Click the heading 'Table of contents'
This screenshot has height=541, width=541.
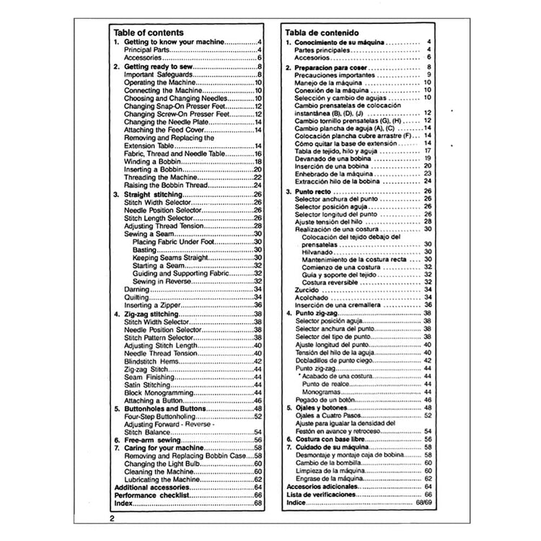[149, 32]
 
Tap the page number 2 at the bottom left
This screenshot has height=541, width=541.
[113, 519]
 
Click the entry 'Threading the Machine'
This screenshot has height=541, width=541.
[160, 177]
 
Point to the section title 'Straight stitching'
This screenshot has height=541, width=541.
[154, 194]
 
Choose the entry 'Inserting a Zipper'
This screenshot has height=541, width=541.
[152, 305]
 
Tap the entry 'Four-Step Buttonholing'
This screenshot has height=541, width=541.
[162, 416]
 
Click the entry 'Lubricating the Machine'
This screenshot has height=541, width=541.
[163, 479]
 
